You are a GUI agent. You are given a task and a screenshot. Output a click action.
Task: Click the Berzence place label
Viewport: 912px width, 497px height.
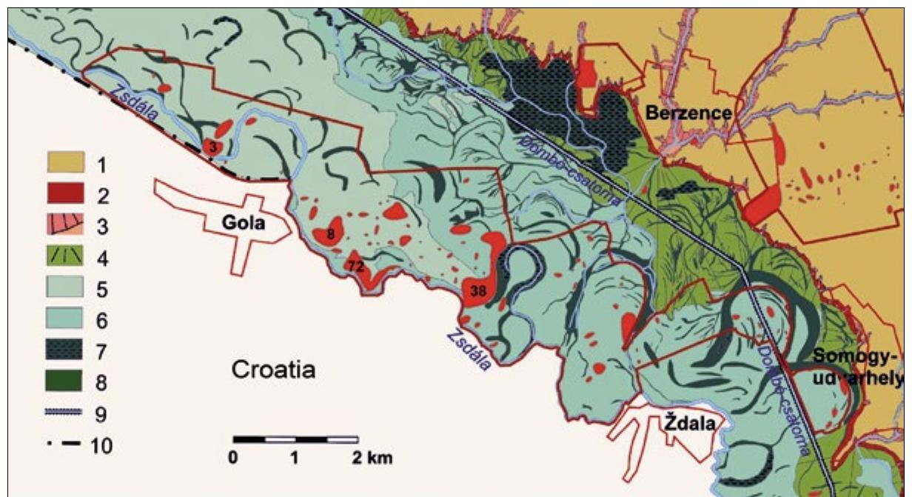click(x=688, y=113)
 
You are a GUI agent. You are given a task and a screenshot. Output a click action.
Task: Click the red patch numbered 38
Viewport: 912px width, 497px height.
click(x=477, y=290)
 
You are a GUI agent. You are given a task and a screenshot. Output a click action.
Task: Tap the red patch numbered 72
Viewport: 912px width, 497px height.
click(x=357, y=266)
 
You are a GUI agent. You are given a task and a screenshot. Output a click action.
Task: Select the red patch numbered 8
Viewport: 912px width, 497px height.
click(x=330, y=235)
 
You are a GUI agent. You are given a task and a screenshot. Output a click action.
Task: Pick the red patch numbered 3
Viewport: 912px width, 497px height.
click(x=213, y=146)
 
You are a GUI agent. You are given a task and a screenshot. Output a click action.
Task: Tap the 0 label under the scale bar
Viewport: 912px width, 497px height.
click(x=233, y=457)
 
